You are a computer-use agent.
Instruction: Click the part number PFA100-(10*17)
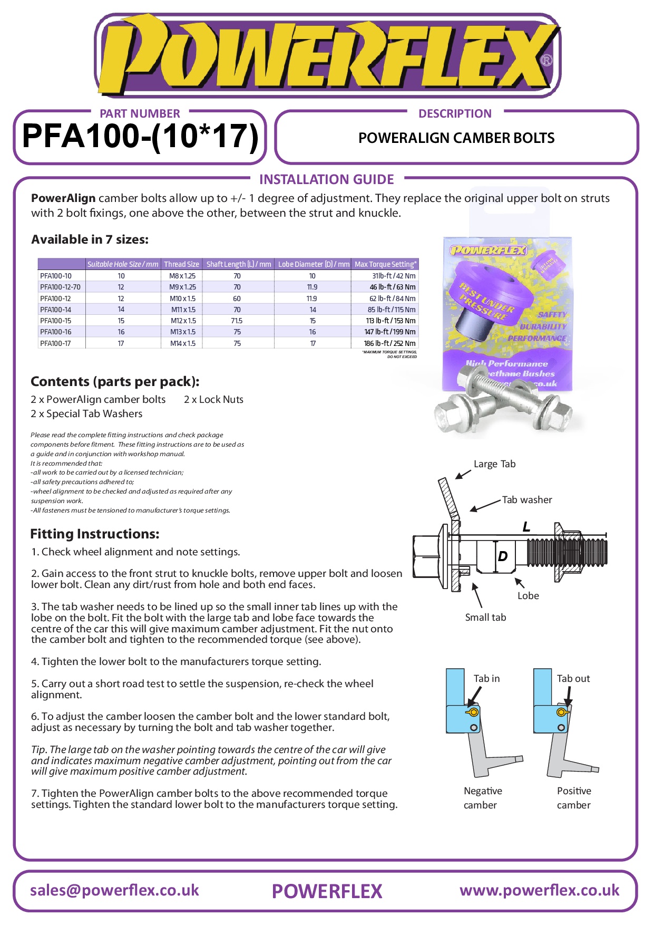140,137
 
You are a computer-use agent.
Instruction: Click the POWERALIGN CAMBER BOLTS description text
456,138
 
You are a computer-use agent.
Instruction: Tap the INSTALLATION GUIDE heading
326,179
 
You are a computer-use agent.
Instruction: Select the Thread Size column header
181,264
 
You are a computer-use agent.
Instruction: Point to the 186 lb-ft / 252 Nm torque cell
389,343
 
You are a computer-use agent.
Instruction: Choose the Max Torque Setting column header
385,264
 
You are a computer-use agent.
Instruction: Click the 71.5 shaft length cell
237,321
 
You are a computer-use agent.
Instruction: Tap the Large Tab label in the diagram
494,464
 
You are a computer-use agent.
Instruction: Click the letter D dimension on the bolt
503,556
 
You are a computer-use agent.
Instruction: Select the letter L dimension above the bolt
526,527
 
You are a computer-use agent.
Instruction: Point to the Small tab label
485,617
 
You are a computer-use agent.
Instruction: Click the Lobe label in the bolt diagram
528,596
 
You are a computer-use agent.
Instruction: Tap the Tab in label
486,679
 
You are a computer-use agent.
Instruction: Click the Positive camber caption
574,798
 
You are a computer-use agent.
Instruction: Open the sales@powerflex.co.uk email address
114,890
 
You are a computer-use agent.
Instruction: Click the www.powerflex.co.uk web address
539,890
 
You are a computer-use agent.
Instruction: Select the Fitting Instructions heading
95,534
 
